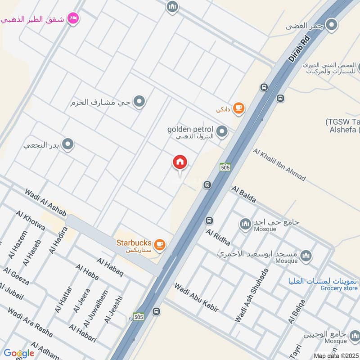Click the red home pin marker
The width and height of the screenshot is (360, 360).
tap(180, 162)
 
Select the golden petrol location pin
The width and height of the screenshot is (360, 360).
tap(221, 132)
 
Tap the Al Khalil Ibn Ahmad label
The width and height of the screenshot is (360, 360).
tap(279, 165)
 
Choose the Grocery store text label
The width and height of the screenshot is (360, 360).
tap(339, 288)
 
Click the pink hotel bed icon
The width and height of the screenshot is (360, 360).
tap(72, 18)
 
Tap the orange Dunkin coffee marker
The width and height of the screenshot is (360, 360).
tap(239, 108)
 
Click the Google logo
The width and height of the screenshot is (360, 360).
tap(18, 353)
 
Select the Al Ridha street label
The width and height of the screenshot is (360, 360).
tap(218, 238)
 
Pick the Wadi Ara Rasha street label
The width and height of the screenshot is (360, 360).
tap(30, 322)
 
